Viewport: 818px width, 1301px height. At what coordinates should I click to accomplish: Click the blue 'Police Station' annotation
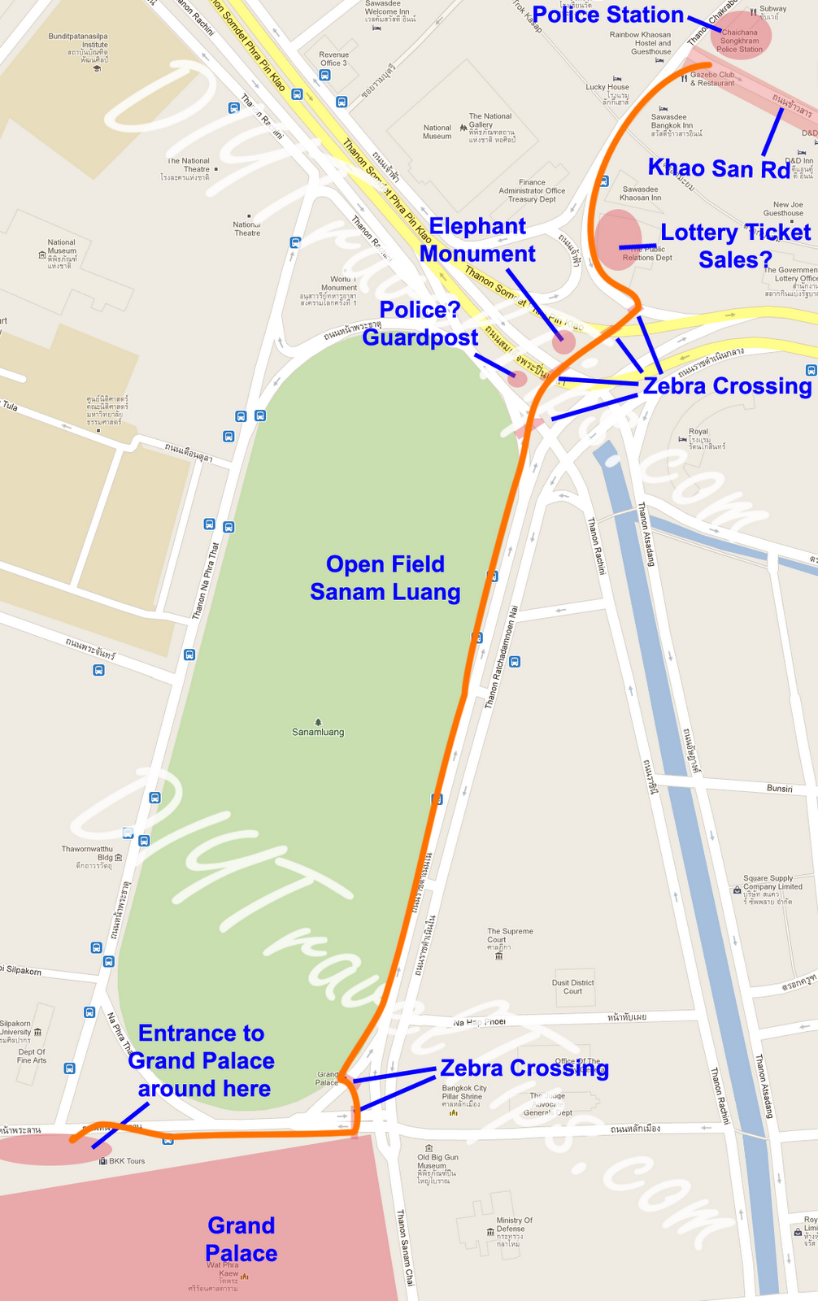pyautogui.click(x=607, y=15)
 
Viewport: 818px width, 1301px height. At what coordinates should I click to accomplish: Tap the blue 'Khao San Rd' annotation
pyautogui.click(x=719, y=168)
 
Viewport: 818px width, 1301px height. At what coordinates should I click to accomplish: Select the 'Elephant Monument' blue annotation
pyautogui.click(x=477, y=240)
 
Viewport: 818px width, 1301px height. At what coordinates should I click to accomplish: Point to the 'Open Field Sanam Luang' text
pyautogui.click(x=385, y=578)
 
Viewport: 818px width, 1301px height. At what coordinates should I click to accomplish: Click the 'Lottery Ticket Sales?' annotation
pyautogui.click(x=735, y=246)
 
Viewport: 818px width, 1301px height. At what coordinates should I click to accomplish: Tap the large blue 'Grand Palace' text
pyautogui.click(x=241, y=1239)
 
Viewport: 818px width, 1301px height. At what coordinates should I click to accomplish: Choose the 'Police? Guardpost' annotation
pyautogui.click(x=420, y=324)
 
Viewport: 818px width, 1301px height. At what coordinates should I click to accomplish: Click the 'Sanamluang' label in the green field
pyautogui.click(x=318, y=732)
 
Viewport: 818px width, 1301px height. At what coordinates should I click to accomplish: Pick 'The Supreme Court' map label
pyautogui.click(x=510, y=936)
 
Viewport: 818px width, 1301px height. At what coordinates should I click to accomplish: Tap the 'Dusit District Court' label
pyautogui.click(x=572, y=986)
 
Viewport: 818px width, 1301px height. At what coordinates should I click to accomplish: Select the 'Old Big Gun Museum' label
pyautogui.click(x=437, y=1161)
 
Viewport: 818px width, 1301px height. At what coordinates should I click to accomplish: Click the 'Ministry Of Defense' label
pyautogui.click(x=514, y=1225)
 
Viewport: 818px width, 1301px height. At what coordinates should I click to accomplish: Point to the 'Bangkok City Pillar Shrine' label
pyautogui.click(x=464, y=1092)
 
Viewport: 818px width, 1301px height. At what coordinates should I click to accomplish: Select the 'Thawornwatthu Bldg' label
pyautogui.click(x=88, y=853)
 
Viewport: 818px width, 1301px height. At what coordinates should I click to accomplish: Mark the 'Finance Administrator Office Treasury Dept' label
pyautogui.click(x=532, y=190)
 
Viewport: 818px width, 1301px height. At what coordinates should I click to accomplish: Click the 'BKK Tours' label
pyautogui.click(x=127, y=1161)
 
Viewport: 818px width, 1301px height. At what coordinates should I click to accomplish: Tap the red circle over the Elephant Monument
pyautogui.click(x=563, y=342)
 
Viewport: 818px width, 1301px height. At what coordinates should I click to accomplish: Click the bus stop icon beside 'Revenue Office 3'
pyautogui.click(x=325, y=76)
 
